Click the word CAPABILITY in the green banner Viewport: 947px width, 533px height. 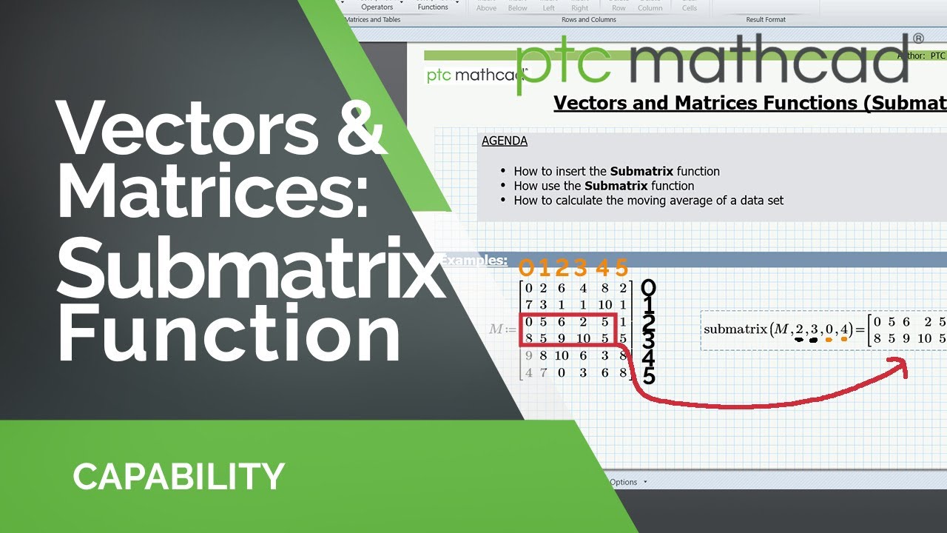coord(178,476)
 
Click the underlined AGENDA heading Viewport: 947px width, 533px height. coord(504,141)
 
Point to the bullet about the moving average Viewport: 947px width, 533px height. coord(648,200)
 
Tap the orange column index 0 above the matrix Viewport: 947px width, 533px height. coord(526,267)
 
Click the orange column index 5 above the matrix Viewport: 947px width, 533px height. coord(621,267)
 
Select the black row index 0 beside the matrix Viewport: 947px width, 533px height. coord(648,288)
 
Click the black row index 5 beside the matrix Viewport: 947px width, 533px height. coord(648,376)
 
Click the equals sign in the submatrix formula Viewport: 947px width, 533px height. coord(860,329)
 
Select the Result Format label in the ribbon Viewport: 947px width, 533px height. coord(765,19)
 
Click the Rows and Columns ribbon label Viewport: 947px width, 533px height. coord(589,19)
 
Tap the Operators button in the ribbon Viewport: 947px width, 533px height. coord(377,7)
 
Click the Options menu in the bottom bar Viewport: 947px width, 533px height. coord(624,482)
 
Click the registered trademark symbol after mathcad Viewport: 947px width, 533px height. coord(918,38)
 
